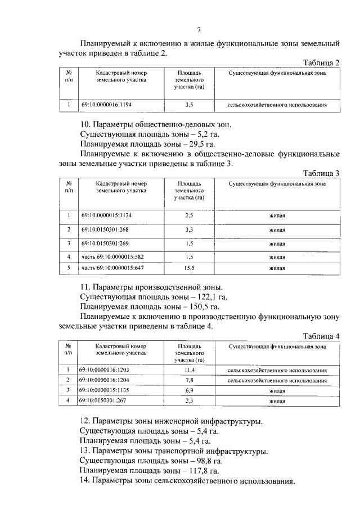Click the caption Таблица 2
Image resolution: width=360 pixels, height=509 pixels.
tap(321, 62)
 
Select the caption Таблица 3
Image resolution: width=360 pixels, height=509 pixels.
tap(321, 173)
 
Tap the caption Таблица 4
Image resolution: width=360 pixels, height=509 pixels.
tap(321, 337)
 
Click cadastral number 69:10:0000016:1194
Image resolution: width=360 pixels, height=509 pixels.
tap(106, 105)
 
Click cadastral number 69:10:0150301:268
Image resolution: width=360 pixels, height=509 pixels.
tap(105, 229)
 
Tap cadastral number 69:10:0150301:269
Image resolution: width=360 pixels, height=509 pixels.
tap(105, 244)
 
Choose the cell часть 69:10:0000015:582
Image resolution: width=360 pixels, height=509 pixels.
tap(112, 257)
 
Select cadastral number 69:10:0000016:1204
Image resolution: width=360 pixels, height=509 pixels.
tap(106, 380)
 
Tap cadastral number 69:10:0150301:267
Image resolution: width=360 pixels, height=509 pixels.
tap(105, 401)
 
